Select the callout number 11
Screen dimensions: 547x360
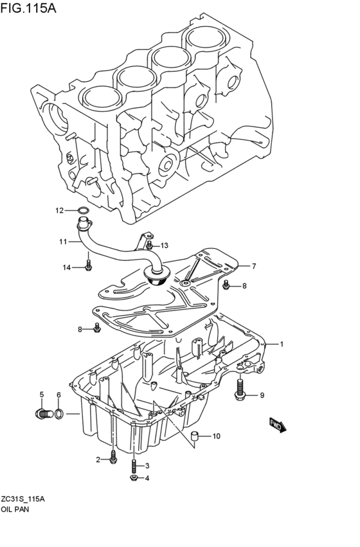point(63,242)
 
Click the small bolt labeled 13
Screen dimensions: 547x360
point(149,245)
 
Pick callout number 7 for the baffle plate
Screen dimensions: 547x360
point(254,266)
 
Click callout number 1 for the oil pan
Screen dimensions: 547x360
point(281,344)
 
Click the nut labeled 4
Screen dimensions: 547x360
point(132,478)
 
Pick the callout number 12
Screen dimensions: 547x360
point(59,210)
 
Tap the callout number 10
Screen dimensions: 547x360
point(215,436)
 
